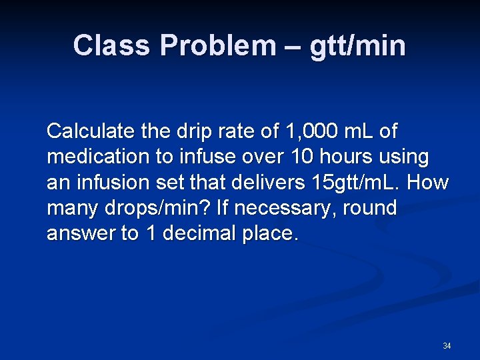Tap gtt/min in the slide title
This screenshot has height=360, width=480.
pos(357,46)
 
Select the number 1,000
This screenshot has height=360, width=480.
pos(311,131)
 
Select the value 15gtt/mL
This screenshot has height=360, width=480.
pos(359,183)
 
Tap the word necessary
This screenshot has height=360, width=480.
pos(283,209)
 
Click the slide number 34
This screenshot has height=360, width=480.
pos(447,346)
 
